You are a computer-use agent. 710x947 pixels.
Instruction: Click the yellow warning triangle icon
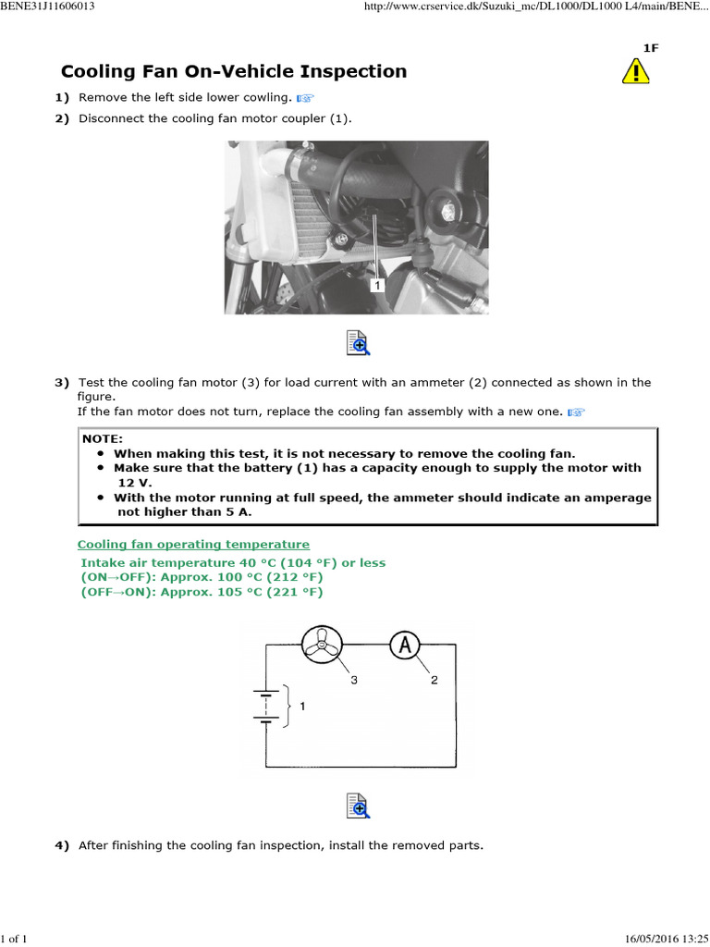point(635,71)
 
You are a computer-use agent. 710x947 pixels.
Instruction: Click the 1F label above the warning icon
point(651,48)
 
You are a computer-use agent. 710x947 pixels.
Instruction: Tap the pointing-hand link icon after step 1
point(306,97)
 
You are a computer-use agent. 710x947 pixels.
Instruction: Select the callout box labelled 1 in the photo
point(377,286)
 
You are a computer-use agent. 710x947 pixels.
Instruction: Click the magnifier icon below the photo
point(358,342)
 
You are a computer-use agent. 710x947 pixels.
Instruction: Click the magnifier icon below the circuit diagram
point(358,806)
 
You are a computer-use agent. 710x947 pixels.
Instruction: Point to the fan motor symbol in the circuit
point(323,646)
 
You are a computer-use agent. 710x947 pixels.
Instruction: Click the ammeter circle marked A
point(404,646)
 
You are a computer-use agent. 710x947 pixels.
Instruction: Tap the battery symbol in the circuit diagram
point(266,705)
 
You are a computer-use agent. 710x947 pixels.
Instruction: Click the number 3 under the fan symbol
point(353,680)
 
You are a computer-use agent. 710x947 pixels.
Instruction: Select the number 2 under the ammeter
point(434,680)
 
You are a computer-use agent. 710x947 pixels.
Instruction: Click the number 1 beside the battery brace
point(301,706)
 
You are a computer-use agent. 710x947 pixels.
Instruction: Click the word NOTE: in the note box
point(102,439)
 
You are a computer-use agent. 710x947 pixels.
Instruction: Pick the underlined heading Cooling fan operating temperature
point(193,545)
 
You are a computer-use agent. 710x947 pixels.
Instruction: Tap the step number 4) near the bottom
point(62,845)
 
